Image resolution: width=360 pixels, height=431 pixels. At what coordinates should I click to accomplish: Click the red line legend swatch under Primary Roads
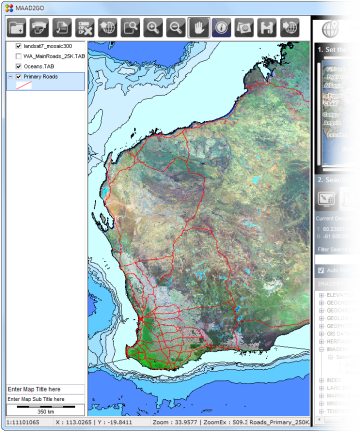click(x=21, y=86)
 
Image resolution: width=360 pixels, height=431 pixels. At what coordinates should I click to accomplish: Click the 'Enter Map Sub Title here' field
click(x=40, y=399)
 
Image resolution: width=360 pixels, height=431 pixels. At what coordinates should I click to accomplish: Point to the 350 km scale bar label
click(x=44, y=410)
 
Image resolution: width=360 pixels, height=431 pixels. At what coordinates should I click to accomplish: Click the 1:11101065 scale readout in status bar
click(x=24, y=422)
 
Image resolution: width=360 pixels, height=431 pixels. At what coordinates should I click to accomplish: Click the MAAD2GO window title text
click(x=31, y=7)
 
